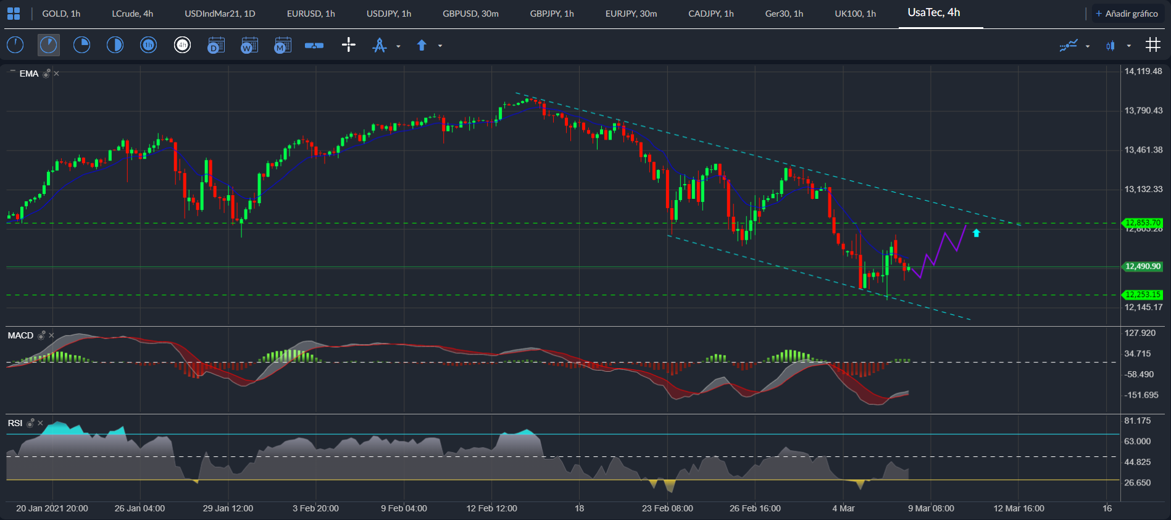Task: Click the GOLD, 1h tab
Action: [x=61, y=14]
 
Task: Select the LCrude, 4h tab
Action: [x=132, y=14]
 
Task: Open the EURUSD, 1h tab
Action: [x=310, y=14]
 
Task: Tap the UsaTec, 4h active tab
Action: [x=933, y=13]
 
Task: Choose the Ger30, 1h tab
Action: [x=784, y=14]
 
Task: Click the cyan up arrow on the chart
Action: [x=976, y=233]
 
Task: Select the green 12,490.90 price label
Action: [x=1143, y=267]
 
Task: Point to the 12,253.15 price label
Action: [x=1143, y=295]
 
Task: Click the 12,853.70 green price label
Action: [x=1143, y=222]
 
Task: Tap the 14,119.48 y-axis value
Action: [x=1143, y=72]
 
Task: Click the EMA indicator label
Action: [x=29, y=73]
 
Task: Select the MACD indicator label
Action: [x=20, y=335]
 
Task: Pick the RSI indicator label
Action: [x=15, y=423]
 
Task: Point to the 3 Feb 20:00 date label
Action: [x=315, y=508]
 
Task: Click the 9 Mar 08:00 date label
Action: [x=931, y=508]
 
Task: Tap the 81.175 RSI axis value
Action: [x=1137, y=421]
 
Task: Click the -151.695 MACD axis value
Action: [x=1141, y=395]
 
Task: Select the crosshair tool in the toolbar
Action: [x=349, y=45]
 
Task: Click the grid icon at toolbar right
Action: [x=1152, y=45]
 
